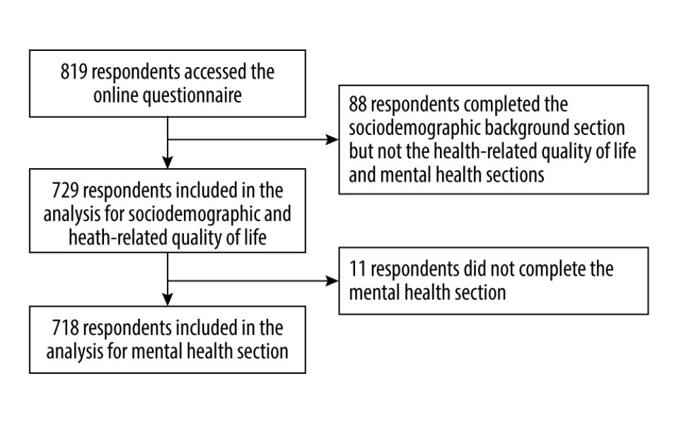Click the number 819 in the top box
coord(74,72)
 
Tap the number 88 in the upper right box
coord(358,104)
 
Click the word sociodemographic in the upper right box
coord(414,128)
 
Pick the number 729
coord(65,191)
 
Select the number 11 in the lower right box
coord(358,269)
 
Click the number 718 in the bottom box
coord(65,328)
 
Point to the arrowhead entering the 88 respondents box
coord(332,139)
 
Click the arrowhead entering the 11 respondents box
coord(332,281)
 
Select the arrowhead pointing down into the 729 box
coord(168,162)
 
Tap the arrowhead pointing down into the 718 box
coord(168,299)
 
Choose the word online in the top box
coord(115,95)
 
